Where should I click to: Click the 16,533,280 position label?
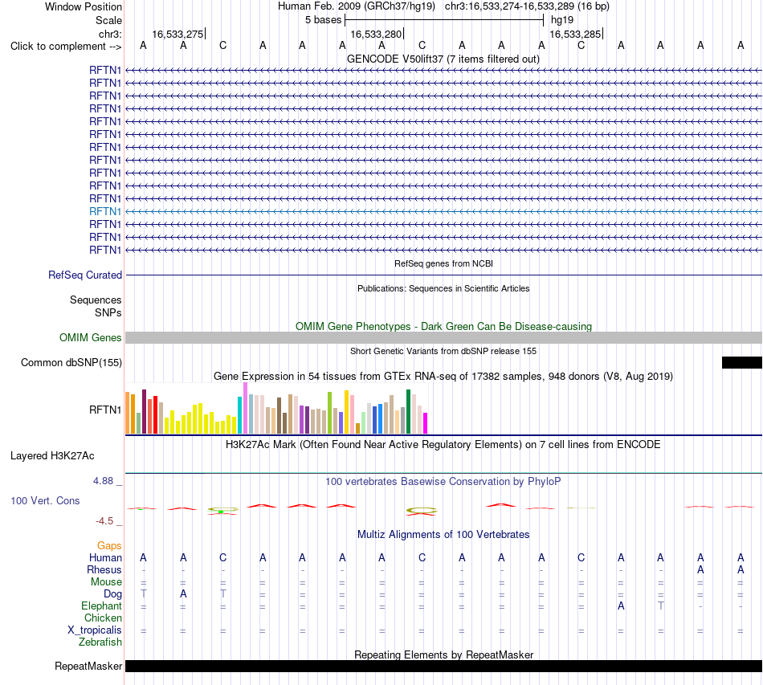[x=376, y=34]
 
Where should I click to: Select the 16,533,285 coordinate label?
[x=575, y=34]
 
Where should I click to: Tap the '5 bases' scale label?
[x=323, y=20]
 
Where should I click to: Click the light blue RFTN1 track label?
[x=105, y=211]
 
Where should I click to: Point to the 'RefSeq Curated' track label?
[x=85, y=275]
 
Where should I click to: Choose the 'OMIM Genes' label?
[x=91, y=337]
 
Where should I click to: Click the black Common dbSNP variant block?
[x=741, y=362]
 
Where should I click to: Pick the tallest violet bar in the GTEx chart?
[x=245, y=408]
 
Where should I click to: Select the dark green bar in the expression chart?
[x=408, y=411]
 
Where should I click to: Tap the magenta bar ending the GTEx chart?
[x=426, y=422]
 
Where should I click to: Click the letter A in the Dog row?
[x=183, y=593]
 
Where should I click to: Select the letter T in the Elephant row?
[x=660, y=605]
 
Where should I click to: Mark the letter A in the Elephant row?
[x=621, y=605]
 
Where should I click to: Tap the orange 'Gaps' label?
[x=109, y=545]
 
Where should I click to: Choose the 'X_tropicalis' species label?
[x=95, y=630]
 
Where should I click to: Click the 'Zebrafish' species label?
[x=100, y=642]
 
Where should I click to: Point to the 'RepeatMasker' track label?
[x=88, y=666]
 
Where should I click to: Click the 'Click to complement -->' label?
[x=66, y=47]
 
